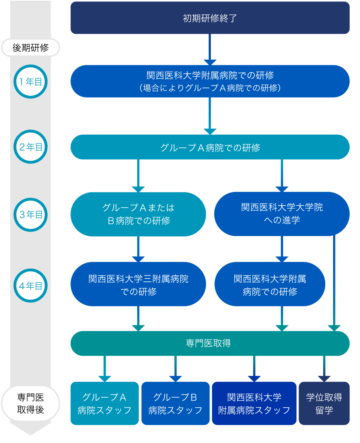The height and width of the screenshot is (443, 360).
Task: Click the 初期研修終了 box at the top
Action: click(x=210, y=18)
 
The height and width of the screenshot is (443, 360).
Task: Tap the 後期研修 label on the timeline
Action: click(x=31, y=48)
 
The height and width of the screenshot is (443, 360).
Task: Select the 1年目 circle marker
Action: click(x=31, y=82)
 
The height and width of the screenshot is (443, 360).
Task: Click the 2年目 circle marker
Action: click(x=31, y=147)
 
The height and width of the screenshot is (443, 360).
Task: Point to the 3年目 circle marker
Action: click(x=31, y=215)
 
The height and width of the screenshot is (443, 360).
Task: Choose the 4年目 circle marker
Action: click(x=31, y=286)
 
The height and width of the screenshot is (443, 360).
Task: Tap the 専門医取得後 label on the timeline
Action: click(x=31, y=403)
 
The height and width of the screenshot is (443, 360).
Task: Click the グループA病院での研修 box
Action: click(x=210, y=147)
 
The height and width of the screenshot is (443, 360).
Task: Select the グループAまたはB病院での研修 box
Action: click(x=138, y=214)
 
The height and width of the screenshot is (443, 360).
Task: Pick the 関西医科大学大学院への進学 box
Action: click(x=282, y=214)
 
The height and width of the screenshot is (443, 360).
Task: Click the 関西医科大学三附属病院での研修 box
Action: click(x=138, y=284)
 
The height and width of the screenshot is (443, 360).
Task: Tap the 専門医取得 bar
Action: click(x=210, y=343)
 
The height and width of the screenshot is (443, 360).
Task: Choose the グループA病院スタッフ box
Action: click(x=105, y=403)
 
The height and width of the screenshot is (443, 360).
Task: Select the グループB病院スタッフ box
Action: click(x=175, y=403)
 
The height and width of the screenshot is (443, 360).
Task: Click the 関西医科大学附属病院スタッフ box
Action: click(x=254, y=403)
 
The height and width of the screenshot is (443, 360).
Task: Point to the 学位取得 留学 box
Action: click(x=324, y=403)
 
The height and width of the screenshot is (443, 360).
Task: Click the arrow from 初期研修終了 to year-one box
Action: click(x=210, y=49)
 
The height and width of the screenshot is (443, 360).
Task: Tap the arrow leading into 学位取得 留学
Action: click(x=324, y=368)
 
